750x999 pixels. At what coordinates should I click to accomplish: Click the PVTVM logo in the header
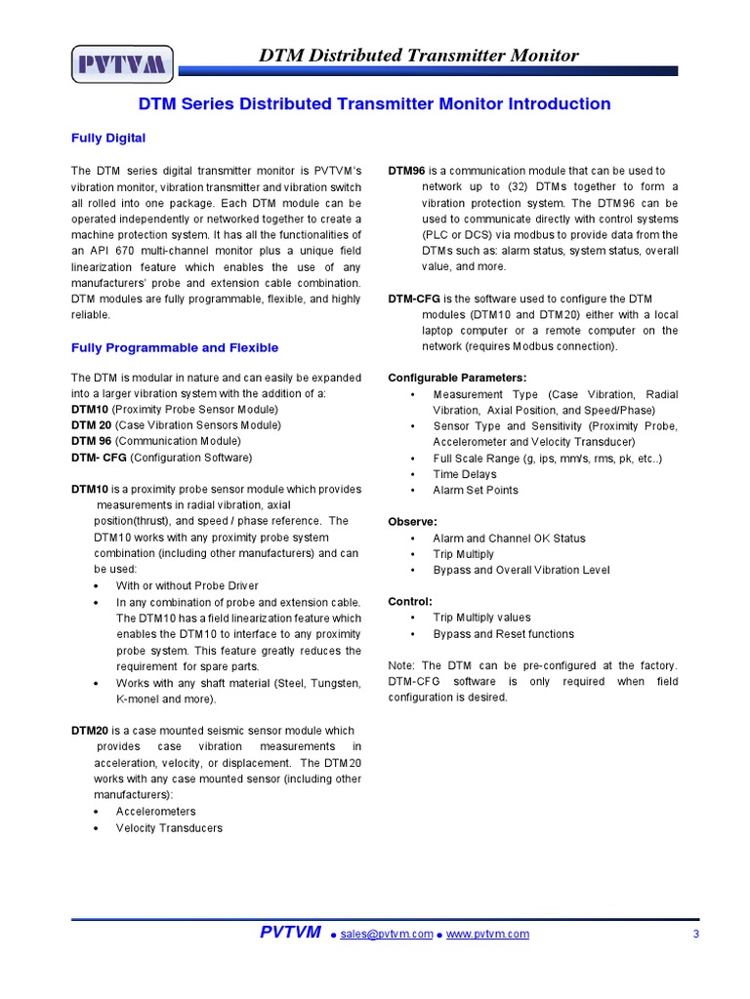(122, 66)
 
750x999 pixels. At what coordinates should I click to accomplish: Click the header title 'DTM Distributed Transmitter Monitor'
(418, 56)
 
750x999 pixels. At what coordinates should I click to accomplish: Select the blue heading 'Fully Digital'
(108, 138)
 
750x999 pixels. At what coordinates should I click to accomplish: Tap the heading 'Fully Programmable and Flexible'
(175, 347)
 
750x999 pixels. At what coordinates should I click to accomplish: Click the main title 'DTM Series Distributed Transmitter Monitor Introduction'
(375, 104)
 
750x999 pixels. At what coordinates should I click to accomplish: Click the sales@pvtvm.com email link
(387, 934)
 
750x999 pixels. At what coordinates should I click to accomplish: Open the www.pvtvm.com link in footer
(487, 934)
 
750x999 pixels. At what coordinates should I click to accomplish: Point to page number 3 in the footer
(695, 934)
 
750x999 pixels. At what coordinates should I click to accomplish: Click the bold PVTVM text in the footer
(290, 933)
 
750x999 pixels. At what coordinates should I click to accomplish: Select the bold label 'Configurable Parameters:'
(443, 378)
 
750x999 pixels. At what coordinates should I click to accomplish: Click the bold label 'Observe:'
(412, 522)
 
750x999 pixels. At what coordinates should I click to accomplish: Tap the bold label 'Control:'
(410, 601)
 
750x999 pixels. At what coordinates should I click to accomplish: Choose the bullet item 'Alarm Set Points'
(476, 490)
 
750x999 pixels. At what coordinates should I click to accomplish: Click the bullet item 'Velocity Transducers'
(169, 828)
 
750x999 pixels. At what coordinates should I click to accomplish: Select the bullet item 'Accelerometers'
(155, 812)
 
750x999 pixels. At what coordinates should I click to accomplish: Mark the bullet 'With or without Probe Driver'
(187, 585)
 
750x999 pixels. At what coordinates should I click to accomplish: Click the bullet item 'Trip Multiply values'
(481, 618)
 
